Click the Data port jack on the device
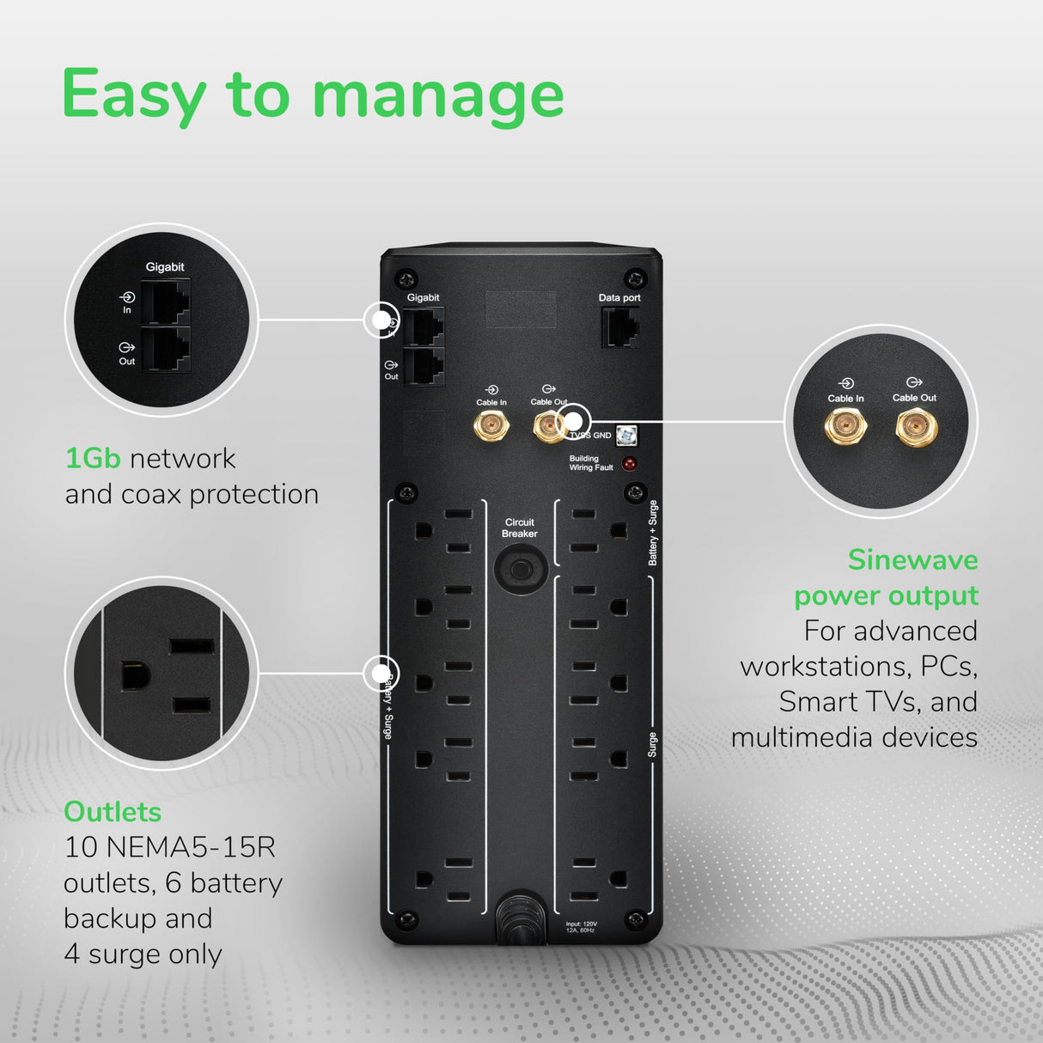coord(619,327)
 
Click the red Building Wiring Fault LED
coord(630,464)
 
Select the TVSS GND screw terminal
coord(626,436)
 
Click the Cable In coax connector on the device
coord(491,424)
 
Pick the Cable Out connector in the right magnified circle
coord(915,426)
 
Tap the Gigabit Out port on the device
coord(424,367)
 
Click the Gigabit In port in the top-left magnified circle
coord(165,302)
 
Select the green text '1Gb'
coord(92,458)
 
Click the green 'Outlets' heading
coord(113,812)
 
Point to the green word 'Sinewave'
coord(912,560)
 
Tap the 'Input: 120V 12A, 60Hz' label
coord(582,927)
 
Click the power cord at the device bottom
coord(521,919)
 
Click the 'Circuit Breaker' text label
coord(520,528)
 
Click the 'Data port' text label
coord(619,298)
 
